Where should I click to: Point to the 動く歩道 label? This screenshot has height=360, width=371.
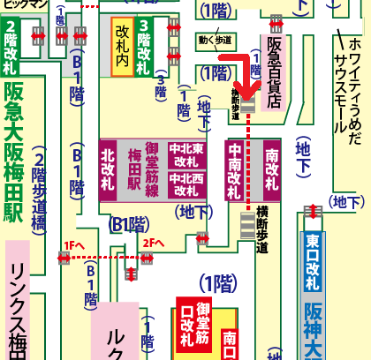[x=216, y=41]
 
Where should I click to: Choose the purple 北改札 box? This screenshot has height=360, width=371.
[x=109, y=168]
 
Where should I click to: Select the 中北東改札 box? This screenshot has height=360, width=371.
[x=187, y=155]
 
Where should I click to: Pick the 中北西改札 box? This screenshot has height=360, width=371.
[x=187, y=183]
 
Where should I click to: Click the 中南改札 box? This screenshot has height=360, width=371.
[x=235, y=169]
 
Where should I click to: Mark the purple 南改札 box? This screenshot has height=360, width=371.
[x=270, y=169]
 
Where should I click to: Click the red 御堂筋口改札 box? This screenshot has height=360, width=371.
[x=194, y=324]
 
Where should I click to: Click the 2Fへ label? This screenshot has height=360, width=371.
[x=153, y=242]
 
